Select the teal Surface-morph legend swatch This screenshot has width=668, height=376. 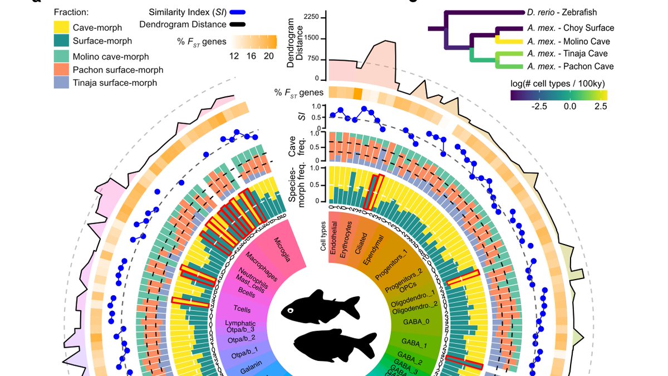[x=62, y=41]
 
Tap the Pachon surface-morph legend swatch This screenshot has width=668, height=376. [x=62, y=70]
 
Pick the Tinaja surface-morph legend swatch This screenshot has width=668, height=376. [x=62, y=83]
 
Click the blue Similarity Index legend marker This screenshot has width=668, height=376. [x=237, y=12]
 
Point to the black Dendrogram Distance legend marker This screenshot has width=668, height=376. [x=237, y=25]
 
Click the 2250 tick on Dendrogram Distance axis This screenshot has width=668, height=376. [x=310, y=17]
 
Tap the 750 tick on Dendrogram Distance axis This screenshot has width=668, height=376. [x=312, y=58]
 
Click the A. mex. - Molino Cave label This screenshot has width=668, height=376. [x=568, y=41]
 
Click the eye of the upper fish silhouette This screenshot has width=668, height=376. [x=291, y=310]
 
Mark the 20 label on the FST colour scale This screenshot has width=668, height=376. [x=268, y=56]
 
